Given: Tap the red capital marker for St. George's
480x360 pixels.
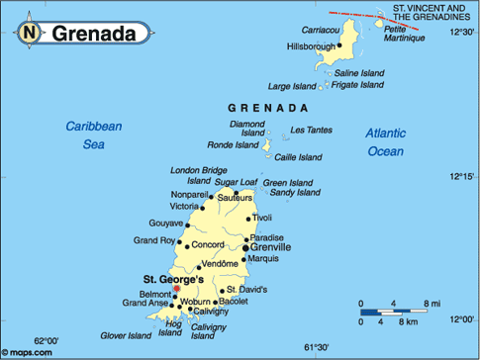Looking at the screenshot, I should click(x=177, y=289).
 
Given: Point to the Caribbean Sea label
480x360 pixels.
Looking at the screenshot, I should click(x=93, y=135).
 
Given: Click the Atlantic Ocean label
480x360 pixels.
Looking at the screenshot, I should click(x=385, y=141).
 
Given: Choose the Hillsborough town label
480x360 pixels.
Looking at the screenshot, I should click(x=311, y=46).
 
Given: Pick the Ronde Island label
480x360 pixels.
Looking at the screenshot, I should click(x=234, y=144).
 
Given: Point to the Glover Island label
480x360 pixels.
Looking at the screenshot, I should click(x=126, y=335).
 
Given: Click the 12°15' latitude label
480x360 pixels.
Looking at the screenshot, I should click(x=462, y=177).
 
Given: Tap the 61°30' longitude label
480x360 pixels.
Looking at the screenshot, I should click(x=316, y=347).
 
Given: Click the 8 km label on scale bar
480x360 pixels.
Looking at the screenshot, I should click(x=406, y=323).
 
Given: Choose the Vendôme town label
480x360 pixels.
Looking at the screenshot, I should click(x=219, y=264).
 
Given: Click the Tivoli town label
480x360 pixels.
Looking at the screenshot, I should click(x=261, y=217).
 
